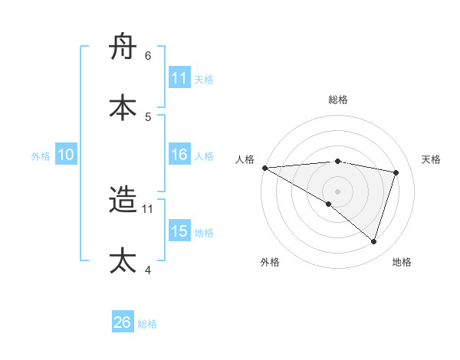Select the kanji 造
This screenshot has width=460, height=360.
click(x=123, y=201)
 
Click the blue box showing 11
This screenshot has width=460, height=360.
click(x=179, y=78)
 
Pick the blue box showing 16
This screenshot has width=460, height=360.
click(x=179, y=155)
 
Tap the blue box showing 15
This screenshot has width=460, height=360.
click(x=179, y=232)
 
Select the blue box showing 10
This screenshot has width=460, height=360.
click(x=66, y=155)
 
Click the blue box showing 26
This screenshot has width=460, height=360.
click(x=123, y=322)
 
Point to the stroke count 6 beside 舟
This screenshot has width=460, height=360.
click(x=148, y=56)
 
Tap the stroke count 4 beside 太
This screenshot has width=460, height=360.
click(x=148, y=270)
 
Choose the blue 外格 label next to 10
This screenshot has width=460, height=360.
click(x=41, y=156)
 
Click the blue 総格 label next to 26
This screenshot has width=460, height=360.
click(x=147, y=324)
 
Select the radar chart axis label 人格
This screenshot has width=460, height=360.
click(x=245, y=159)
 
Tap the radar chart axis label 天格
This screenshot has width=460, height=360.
click(x=431, y=159)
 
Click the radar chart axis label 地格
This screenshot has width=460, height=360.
click(x=402, y=262)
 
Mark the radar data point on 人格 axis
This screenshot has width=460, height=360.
click(x=264, y=168)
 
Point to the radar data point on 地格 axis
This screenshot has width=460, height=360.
click(x=373, y=242)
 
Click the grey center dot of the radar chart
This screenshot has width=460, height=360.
click(x=337, y=191)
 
